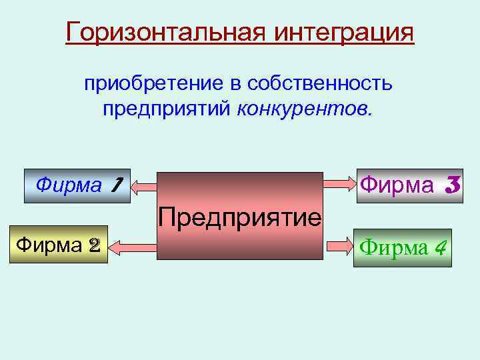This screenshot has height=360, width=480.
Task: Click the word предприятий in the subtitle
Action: click(x=167, y=108)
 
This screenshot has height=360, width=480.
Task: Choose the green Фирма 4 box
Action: click(x=402, y=248)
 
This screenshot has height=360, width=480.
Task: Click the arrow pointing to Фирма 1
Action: click(x=143, y=189)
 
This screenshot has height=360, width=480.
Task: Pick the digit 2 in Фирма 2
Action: click(x=94, y=245)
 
